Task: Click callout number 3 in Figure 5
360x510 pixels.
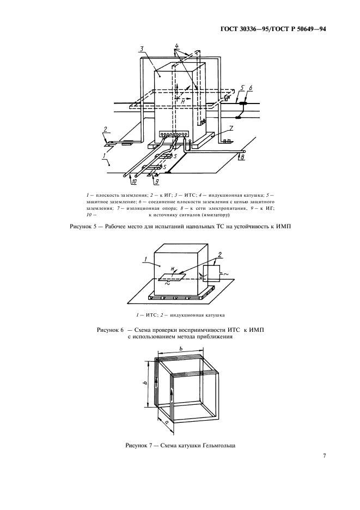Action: (141, 49)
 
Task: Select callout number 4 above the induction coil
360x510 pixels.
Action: (176, 45)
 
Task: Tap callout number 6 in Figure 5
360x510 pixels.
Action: (250, 87)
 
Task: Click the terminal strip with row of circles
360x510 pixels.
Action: (173, 133)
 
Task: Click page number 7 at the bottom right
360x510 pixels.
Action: (324, 456)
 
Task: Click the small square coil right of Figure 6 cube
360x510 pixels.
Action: (212, 272)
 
